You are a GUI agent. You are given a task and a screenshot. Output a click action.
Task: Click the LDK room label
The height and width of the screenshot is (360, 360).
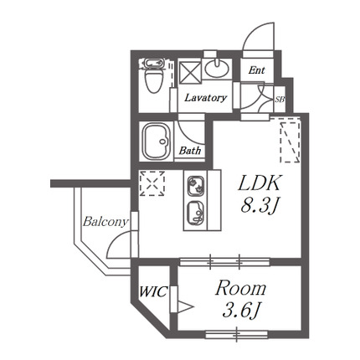click(x=259, y=183)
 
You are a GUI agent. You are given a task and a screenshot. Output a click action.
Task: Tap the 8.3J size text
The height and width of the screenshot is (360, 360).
click(x=259, y=207)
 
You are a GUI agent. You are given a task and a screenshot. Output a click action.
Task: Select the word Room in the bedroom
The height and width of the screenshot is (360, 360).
click(x=240, y=288)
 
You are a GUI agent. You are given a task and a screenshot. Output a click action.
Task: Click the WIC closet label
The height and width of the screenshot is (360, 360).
click(x=153, y=292)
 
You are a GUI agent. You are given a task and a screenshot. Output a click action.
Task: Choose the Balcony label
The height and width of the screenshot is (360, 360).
click(x=105, y=222)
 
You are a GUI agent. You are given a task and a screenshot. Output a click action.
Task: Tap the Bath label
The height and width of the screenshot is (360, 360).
click(x=190, y=151)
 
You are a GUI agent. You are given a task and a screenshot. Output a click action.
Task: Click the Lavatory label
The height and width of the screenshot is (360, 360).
click(x=205, y=98)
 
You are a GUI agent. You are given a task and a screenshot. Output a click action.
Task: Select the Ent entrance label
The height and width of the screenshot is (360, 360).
click(x=256, y=69)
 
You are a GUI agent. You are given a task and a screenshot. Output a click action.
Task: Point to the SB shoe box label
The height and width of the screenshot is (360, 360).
click(x=280, y=100)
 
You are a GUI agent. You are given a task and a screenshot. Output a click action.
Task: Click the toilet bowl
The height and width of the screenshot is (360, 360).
click(x=154, y=80)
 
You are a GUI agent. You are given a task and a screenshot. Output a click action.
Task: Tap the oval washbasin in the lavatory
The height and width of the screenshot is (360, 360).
click(x=217, y=69)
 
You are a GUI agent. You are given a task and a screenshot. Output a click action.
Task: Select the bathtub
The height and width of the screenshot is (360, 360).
click(x=156, y=141)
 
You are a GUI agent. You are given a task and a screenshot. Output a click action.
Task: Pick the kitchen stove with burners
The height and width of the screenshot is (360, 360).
click(x=196, y=187)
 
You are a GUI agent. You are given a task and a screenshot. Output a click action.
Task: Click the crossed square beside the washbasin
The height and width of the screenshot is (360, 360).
click(x=190, y=72)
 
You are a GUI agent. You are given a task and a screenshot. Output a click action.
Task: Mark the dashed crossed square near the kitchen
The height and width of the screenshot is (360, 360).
click(x=152, y=183)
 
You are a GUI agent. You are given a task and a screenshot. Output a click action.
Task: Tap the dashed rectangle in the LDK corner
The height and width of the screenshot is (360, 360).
click(x=291, y=140)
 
